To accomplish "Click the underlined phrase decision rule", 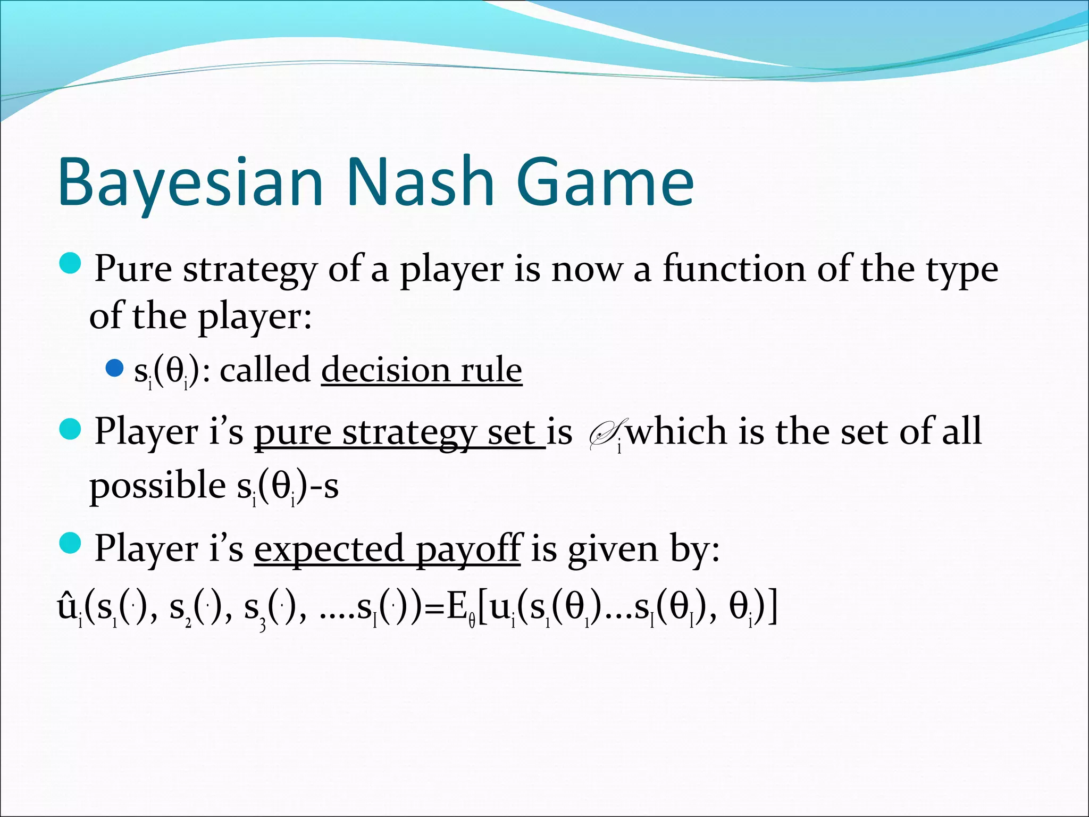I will pyautogui.click(x=422, y=370).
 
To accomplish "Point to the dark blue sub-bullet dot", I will pyautogui.click(x=114, y=368).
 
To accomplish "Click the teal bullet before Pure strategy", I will pyautogui.click(x=70, y=264).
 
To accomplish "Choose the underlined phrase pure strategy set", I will pyautogui.click(x=399, y=432).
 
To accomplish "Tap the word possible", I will pyautogui.click(x=157, y=486).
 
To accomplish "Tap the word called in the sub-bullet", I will pyautogui.click(x=265, y=370).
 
